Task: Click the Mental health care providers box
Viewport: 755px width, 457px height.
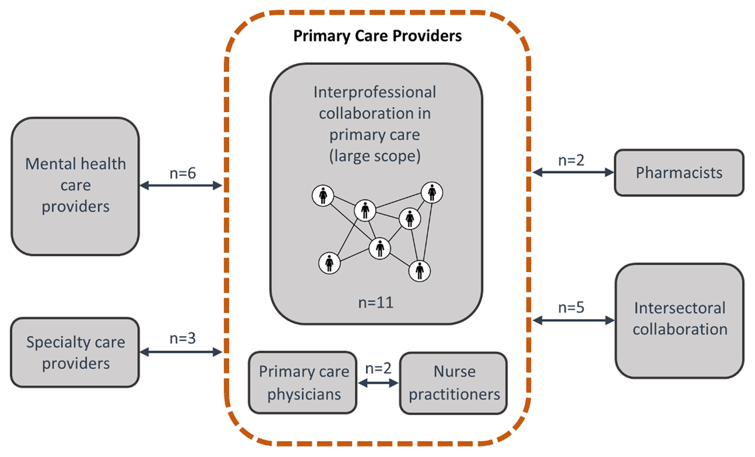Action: pyautogui.click(x=75, y=185)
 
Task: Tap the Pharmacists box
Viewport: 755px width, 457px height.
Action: pyautogui.click(x=679, y=172)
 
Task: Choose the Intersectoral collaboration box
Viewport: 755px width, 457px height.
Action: pyautogui.click(x=680, y=320)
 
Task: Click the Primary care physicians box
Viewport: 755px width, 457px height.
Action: pyautogui.click(x=304, y=383)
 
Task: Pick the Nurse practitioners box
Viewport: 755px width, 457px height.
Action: pyautogui.click(x=453, y=383)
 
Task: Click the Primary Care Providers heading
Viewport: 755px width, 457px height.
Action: pyautogui.click(x=377, y=36)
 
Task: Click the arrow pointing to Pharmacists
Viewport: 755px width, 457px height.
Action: pyautogui.click(x=573, y=172)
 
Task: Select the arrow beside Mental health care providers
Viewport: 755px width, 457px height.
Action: pyautogui.click(x=181, y=185)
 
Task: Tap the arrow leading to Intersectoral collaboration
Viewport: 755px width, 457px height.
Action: pyautogui.click(x=573, y=320)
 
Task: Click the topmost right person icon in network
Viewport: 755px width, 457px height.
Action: pyautogui.click(x=432, y=191)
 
